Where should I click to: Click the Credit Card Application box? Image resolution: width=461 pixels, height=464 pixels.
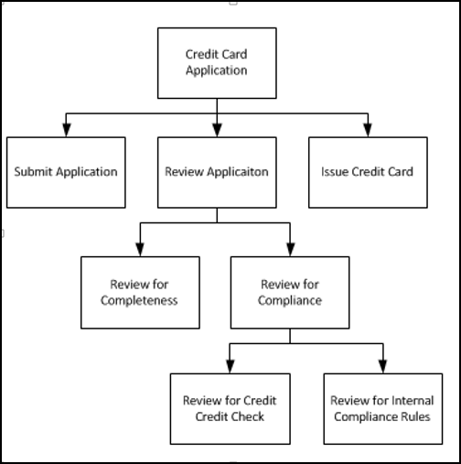coord(217,61)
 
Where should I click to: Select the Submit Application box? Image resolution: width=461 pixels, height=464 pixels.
coord(66,171)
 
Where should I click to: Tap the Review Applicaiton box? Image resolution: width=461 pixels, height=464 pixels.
coord(217,171)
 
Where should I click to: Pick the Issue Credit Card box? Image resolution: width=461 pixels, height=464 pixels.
coord(368,171)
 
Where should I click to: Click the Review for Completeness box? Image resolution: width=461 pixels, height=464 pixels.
coord(140,292)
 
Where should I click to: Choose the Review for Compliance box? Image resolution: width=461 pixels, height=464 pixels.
coord(290,292)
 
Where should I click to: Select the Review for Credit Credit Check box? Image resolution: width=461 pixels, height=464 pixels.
coord(229,409)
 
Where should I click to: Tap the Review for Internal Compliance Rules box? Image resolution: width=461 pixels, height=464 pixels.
coord(381,409)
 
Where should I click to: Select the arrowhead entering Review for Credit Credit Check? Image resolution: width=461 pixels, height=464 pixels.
coord(229,366)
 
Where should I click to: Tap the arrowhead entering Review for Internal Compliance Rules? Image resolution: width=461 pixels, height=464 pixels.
coord(381,366)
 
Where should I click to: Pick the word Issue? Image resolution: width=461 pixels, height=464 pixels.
coord(335,171)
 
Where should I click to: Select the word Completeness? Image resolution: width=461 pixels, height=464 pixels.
coord(140,300)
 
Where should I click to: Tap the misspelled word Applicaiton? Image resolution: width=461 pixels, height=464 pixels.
coord(236,171)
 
